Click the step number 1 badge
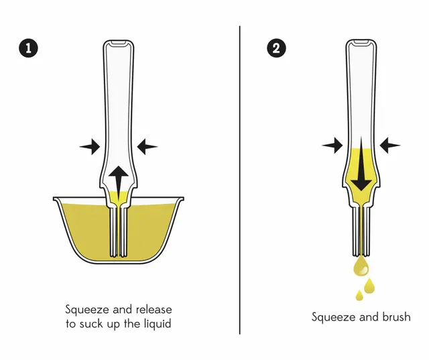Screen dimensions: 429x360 pyautogui.click(x=28, y=48)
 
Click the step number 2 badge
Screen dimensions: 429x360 pyautogui.click(x=276, y=48)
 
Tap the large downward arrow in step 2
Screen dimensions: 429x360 pyautogui.click(x=361, y=164)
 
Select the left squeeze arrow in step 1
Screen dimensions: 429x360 pyautogui.click(x=90, y=147)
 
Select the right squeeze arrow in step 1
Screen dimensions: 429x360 pyautogui.click(x=147, y=147)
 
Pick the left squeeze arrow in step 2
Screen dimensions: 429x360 pyautogui.click(x=332, y=145)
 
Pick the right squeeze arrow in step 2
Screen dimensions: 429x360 pyautogui.click(x=390, y=145)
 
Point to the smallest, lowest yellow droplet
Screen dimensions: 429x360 pyautogui.click(x=359, y=296)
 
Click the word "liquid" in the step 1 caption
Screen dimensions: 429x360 pyautogui.click(x=158, y=324)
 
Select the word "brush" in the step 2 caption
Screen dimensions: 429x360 pyautogui.click(x=396, y=317)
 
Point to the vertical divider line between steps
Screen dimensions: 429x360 pyautogui.click(x=240, y=180)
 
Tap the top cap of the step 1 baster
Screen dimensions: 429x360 pyautogui.click(x=119, y=42)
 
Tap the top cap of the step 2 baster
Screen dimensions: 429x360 pyautogui.click(x=361, y=42)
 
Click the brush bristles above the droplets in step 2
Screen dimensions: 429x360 pyautogui.click(x=361, y=231)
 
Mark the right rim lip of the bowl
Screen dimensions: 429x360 pyautogui.click(x=181, y=199)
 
